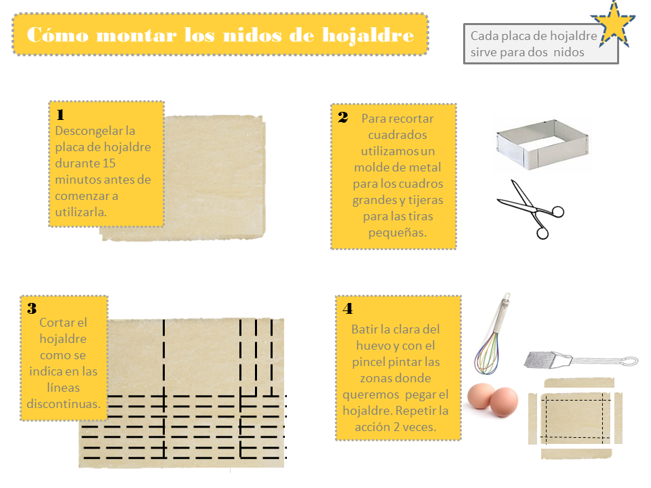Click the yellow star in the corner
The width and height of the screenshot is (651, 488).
coord(613,24)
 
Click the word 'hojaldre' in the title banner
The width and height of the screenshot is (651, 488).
coord(368,35)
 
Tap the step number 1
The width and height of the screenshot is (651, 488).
coord(60,114)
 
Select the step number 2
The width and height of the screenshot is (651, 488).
coord(343,117)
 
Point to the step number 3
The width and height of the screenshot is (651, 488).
coord(32,308)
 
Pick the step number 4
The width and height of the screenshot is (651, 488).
coord(348,308)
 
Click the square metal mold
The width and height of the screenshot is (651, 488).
coord(542,144)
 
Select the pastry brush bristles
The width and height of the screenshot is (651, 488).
coord(540,360)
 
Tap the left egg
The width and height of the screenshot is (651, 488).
coord(481,396)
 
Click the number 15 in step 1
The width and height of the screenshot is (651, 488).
coord(108,163)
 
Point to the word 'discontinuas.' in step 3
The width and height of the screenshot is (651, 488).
coord(64,403)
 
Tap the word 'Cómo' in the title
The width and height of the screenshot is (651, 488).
coord(58,35)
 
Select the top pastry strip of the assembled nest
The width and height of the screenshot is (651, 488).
coord(578,382)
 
